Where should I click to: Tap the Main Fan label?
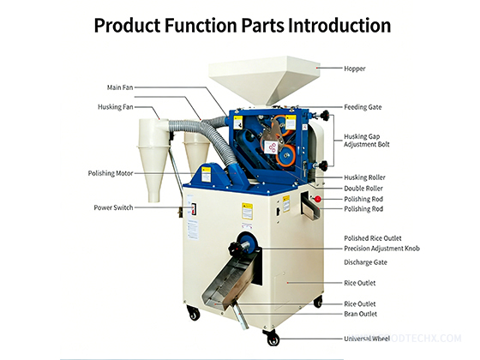coord(121,87)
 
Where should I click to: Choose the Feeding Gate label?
coord(363,107)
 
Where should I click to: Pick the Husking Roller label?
coord(364,177)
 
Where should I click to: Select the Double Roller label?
coord(363,188)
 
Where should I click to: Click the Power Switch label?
coord(113,207)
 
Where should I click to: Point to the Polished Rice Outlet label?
coord(373,237)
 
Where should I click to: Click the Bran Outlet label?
coord(361,315)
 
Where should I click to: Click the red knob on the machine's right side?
coord(316,200)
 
